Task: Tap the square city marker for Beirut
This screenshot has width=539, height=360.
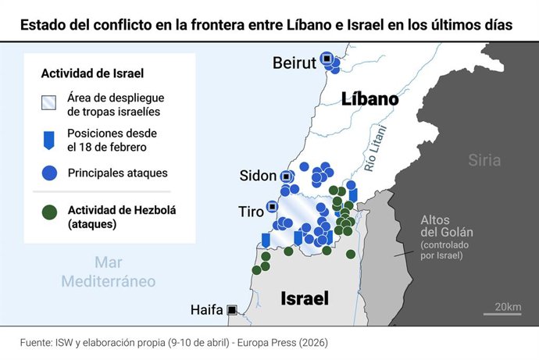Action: (327, 58)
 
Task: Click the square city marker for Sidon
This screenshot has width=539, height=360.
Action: (287, 177)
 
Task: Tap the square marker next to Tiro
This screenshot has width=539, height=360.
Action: (271, 207)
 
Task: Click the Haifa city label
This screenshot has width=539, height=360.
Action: (206, 310)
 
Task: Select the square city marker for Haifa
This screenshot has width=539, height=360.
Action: (232, 310)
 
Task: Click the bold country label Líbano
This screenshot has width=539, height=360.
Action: (369, 100)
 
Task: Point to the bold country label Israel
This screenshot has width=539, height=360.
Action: (304, 298)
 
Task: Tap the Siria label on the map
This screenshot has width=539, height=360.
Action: (484, 161)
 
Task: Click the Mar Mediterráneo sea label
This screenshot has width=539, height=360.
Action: (109, 272)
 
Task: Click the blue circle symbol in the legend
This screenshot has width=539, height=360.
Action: (49, 173)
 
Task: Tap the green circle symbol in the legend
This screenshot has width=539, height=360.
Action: (49, 211)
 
